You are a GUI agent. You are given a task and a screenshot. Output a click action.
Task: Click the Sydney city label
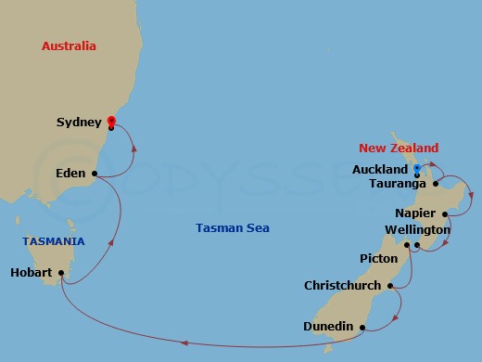[79, 122]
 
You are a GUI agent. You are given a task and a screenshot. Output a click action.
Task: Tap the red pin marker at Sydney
[111, 120]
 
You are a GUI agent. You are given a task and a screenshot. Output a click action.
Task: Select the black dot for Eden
[95, 173]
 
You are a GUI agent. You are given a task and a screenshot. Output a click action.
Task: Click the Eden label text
[70, 174]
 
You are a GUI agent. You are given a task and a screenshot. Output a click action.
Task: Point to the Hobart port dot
[61, 273]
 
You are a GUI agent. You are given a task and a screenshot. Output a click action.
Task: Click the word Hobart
[32, 273]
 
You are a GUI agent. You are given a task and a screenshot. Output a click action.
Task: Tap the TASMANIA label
[54, 241]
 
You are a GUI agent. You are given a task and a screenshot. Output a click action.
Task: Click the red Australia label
[70, 45]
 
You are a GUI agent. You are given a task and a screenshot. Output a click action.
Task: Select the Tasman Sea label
[233, 228]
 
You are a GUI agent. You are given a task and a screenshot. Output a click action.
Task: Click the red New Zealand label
[399, 149]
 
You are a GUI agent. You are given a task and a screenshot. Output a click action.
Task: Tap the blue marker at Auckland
[417, 168]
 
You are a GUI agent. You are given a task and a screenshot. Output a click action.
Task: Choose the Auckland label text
[380, 170]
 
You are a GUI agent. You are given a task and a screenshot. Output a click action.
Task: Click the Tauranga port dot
[435, 183]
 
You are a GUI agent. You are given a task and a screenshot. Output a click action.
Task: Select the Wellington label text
[417, 229]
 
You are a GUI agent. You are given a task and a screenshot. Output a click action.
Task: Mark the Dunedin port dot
[363, 327]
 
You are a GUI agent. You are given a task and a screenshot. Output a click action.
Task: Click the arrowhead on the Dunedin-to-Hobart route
[184, 343]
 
